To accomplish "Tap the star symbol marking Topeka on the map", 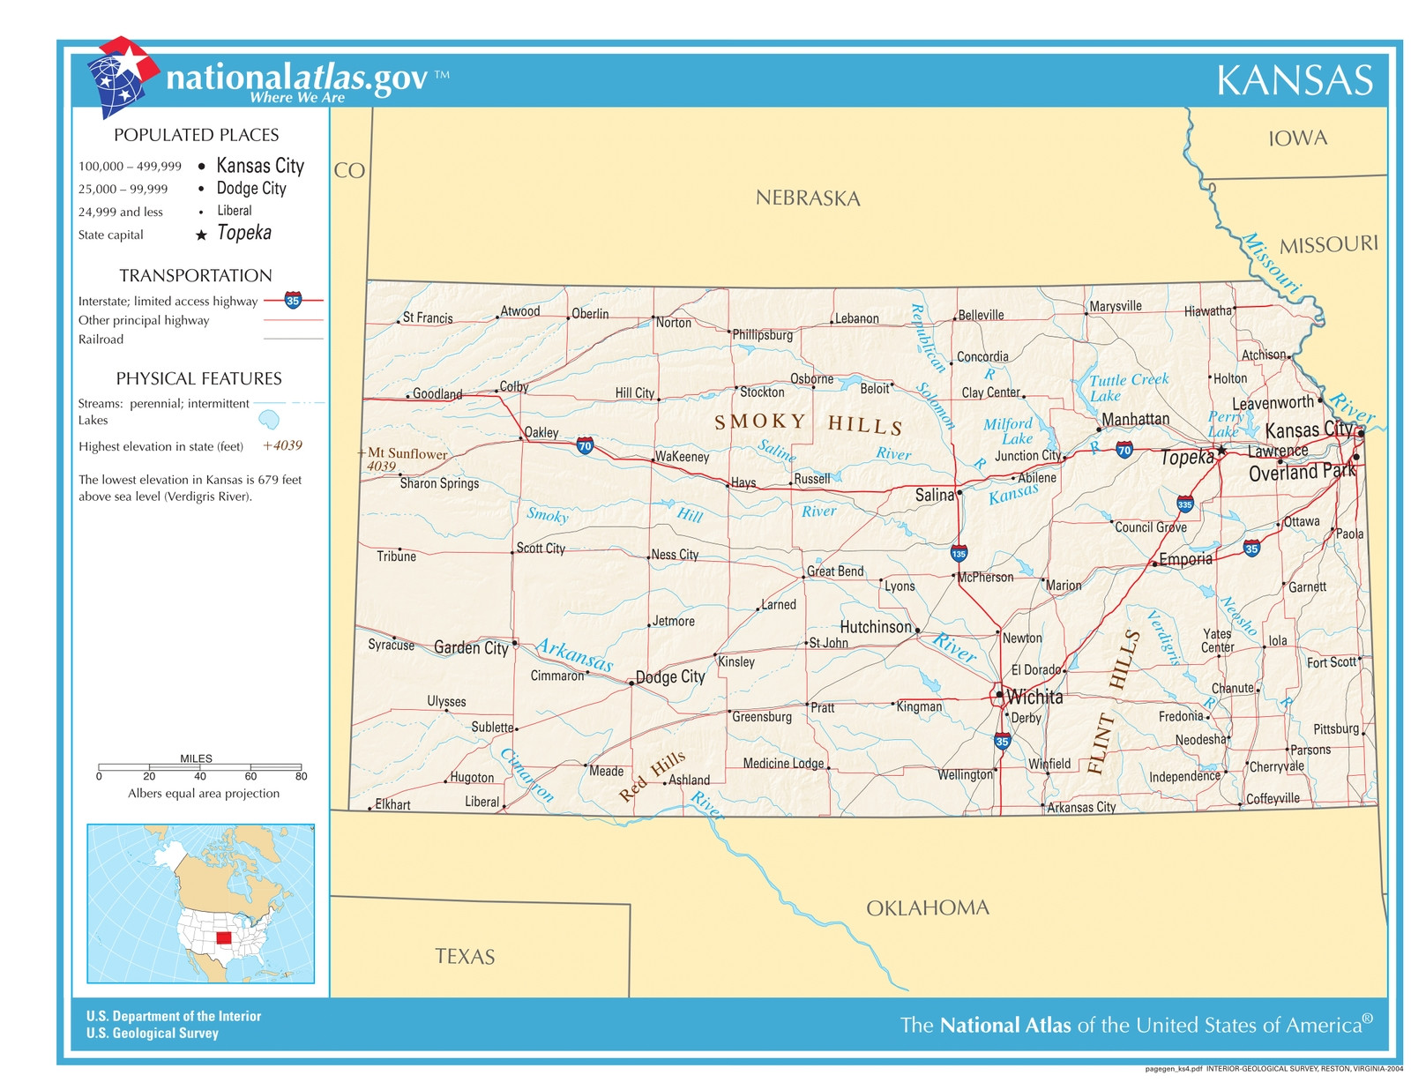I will (1221, 451).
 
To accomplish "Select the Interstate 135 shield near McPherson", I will (959, 554).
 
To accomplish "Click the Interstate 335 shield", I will (1184, 505).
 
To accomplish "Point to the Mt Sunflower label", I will (407, 453).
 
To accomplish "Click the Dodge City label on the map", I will (670, 676).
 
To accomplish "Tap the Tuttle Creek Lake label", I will (1128, 386).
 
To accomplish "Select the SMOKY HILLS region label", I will (808, 423).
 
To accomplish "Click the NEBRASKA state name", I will (807, 198).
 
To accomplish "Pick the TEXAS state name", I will (465, 957).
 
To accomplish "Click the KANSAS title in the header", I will (1294, 80).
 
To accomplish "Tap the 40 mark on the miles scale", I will (200, 776).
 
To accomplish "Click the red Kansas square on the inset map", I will (224, 938).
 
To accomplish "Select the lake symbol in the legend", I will (269, 420).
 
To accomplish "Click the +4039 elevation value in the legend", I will (282, 445).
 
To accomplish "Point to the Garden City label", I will (471, 648).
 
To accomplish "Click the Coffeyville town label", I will (1273, 799).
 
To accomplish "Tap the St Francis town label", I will (428, 317).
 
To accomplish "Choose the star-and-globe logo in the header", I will (122, 77).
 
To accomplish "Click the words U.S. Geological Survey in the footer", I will (152, 1034).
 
